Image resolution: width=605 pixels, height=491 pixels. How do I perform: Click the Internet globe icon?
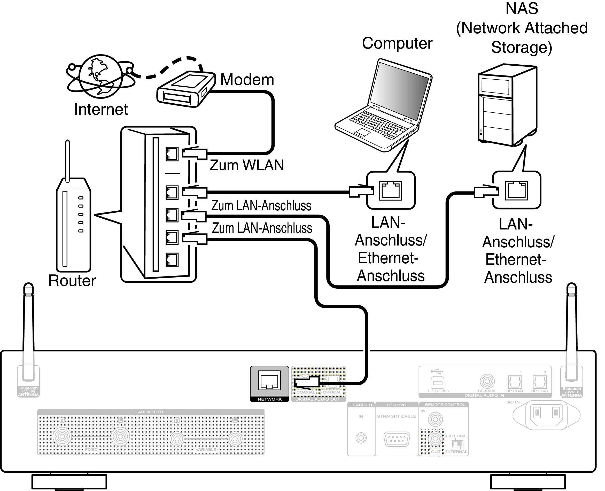tap(100, 76)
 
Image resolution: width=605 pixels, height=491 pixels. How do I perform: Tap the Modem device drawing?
tap(185, 89)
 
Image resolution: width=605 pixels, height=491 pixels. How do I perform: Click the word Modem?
tap(247, 80)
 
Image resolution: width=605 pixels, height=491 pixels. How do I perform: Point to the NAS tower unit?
tap(507, 105)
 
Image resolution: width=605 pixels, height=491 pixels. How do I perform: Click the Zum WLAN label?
tap(246, 165)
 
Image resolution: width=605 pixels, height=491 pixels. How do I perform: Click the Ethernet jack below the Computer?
tap(390, 191)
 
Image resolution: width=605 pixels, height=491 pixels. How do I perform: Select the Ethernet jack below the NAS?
tap(516, 190)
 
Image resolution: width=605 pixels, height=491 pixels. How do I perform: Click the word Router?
tap(72, 281)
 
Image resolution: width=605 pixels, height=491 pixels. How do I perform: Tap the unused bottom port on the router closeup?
tap(172, 260)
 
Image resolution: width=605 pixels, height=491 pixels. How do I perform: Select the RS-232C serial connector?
tap(396, 439)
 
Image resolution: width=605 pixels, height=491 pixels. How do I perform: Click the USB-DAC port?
tap(437, 383)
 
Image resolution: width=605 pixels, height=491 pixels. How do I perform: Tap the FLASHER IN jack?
tap(361, 438)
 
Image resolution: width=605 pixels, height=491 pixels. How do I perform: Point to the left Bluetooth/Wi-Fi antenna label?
tap(28, 392)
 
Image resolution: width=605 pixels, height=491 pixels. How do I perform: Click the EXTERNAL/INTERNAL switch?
tap(457, 443)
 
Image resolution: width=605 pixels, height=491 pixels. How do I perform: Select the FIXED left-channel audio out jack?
tap(120, 436)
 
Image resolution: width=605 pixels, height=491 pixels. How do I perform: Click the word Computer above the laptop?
tap(397, 43)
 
